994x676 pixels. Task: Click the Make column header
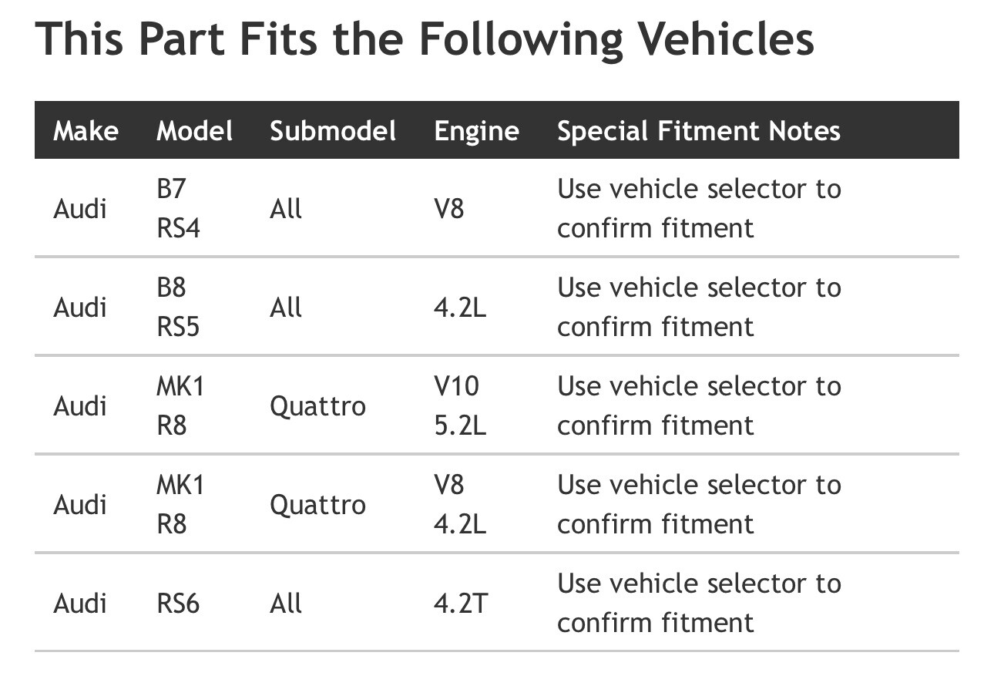pyautogui.click(x=86, y=131)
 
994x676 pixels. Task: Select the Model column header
pyautogui.click(x=194, y=131)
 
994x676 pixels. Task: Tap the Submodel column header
pyautogui.click(x=333, y=131)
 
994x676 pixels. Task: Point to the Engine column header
pyautogui.click(x=477, y=132)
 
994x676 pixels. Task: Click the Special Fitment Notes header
pyautogui.click(x=699, y=132)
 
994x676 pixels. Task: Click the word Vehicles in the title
pyautogui.click(x=727, y=39)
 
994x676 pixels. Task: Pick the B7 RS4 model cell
pyautogui.click(x=179, y=208)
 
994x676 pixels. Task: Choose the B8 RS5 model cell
pyautogui.click(x=178, y=307)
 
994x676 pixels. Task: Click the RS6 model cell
pyautogui.click(x=178, y=604)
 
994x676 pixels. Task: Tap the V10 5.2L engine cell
pyautogui.click(x=460, y=405)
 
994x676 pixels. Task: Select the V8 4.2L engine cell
pyautogui.click(x=460, y=504)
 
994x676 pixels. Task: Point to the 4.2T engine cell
pyautogui.click(x=461, y=604)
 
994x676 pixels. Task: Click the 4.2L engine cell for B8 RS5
pyautogui.click(x=460, y=307)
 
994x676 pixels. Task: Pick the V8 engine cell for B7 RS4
pyautogui.click(x=449, y=208)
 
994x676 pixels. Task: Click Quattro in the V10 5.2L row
pyautogui.click(x=317, y=406)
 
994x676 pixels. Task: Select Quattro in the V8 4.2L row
pyautogui.click(x=317, y=505)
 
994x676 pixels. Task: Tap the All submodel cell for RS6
pyautogui.click(x=286, y=604)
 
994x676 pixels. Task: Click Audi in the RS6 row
pyautogui.click(x=80, y=604)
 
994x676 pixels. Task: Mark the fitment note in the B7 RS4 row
pyautogui.click(x=700, y=208)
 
